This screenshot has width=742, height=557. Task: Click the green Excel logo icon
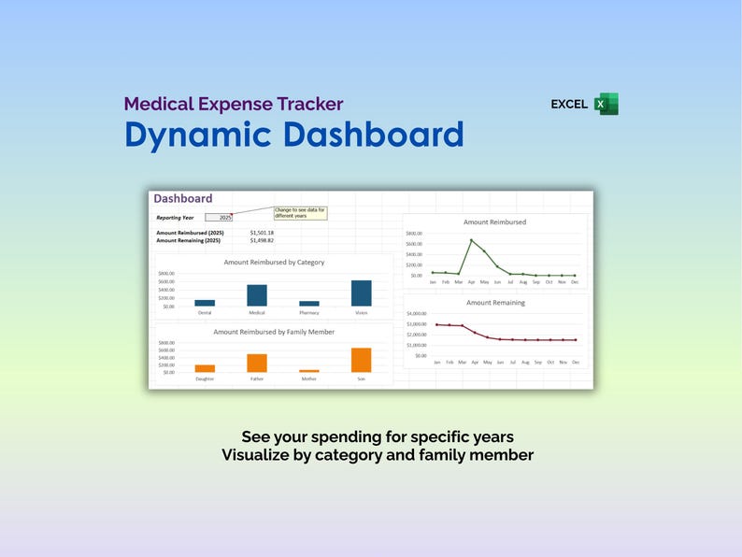pyautogui.click(x=606, y=104)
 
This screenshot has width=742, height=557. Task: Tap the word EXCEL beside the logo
pyautogui.click(x=569, y=105)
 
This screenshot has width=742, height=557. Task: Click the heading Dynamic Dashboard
pyautogui.click(x=294, y=135)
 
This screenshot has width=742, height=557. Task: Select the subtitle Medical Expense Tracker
pyautogui.click(x=234, y=104)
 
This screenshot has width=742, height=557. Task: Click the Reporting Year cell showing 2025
pyautogui.click(x=219, y=217)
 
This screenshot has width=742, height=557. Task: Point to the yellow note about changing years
pyautogui.click(x=299, y=212)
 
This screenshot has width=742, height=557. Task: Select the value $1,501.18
pyautogui.click(x=262, y=232)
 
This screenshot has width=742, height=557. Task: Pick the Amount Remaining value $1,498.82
pyautogui.click(x=262, y=240)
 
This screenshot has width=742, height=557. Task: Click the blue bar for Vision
pyautogui.click(x=361, y=293)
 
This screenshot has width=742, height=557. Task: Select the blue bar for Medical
pyautogui.click(x=257, y=295)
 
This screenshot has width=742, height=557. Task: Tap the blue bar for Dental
pyautogui.click(x=205, y=303)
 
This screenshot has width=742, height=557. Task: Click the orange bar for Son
pyautogui.click(x=361, y=360)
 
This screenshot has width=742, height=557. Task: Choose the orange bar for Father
pyautogui.click(x=257, y=363)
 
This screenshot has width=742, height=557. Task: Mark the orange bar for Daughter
pyautogui.click(x=205, y=368)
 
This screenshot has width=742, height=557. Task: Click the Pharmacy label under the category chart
pyautogui.click(x=308, y=313)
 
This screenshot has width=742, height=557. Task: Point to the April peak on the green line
pyautogui.click(x=471, y=240)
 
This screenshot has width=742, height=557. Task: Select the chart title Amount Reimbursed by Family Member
pyautogui.click(x=274, y=332)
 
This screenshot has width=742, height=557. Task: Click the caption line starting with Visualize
pyautogui.click(x=378, y=455)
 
